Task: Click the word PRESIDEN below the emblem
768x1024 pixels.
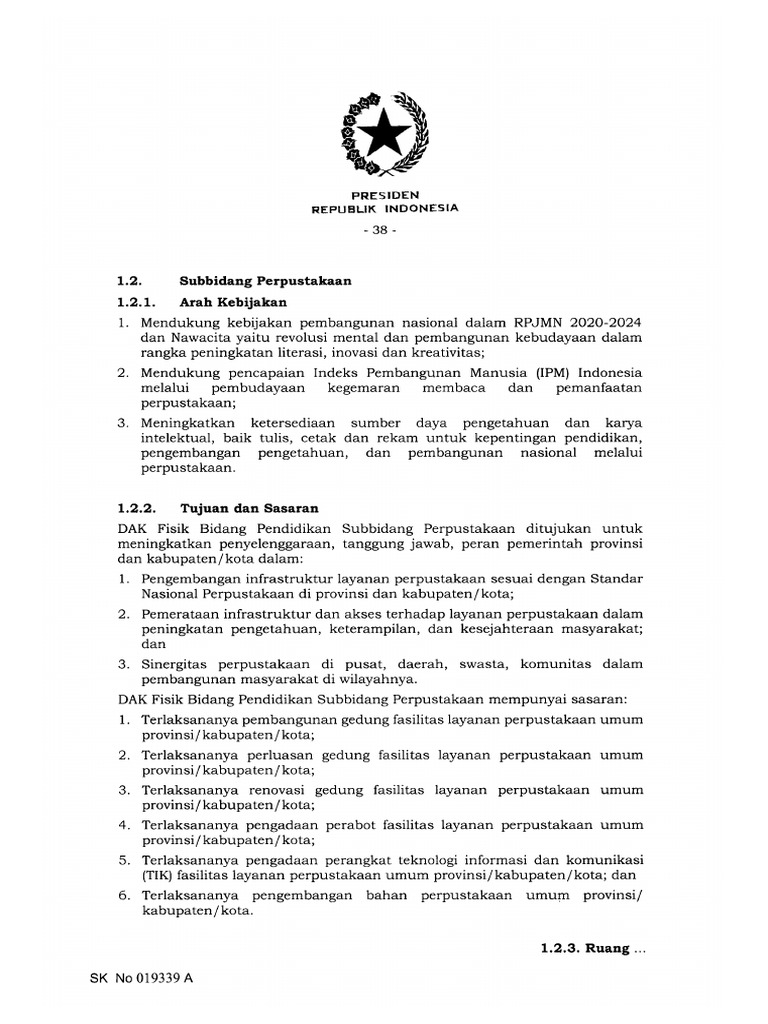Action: click(384, 194)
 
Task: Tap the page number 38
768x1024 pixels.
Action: click(384, 230)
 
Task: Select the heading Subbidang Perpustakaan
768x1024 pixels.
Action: click(265, 281)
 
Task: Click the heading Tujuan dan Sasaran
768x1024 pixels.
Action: click(248, 508)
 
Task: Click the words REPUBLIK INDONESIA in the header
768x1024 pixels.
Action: click(384, 208)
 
